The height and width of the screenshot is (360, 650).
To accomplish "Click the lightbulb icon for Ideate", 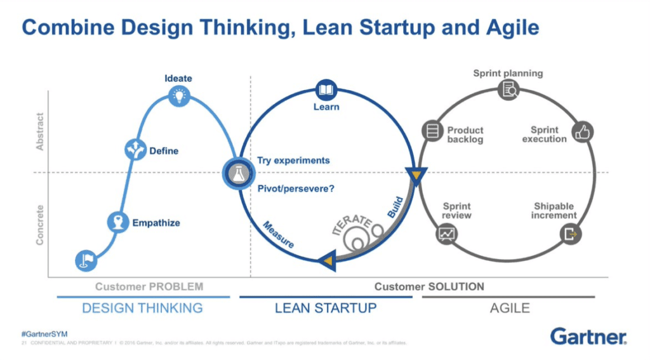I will pyautogui.click(x=180, y=95).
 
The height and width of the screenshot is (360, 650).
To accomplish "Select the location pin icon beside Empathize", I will pyautogui.click(x=117, y=222).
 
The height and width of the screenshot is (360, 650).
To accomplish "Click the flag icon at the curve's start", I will pyautogui.click(x=85, y=260).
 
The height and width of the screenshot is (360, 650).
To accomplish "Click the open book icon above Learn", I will pyautogui.click(x=326, y=90).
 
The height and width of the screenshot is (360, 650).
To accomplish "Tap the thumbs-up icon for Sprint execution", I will pyautogui.click(x=581, y=132).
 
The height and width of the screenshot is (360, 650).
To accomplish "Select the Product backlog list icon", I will pyautogui.click(x=432, y=132).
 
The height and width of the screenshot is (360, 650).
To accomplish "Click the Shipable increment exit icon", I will pyautogui.click(x=569, y=234).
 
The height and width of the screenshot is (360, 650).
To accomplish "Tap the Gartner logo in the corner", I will pyautogui.click(x=588, y=336).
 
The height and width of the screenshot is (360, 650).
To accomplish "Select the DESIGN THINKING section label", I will pyautogui.click(x=142, y=308).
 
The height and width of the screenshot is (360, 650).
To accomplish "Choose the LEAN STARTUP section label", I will pyautogui.click(x=326, y=308).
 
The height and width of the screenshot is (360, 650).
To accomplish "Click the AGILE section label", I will pyautogui.click(x=510, y=308).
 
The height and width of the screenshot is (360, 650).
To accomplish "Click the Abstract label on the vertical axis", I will pyautogui.click(x=40, y=131).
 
